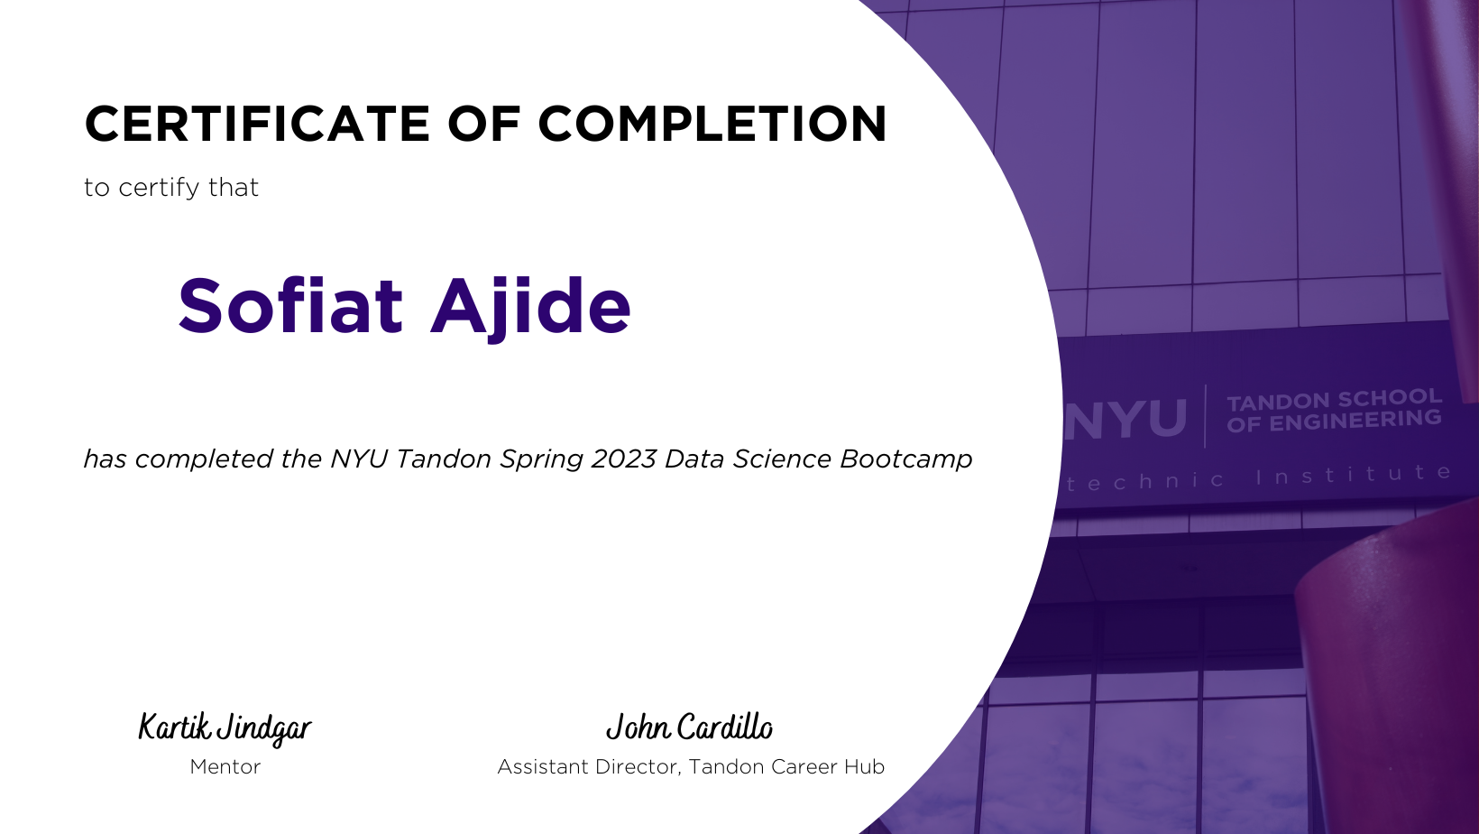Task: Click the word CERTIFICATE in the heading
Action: pyautogui.click(x=258, y=124)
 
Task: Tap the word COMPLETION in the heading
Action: pyautogui.click(x=712, y=124)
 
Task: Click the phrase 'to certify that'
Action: pyautogui.click(x=171, y=188)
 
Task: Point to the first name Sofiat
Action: pyautogui.click(x=290, y=306)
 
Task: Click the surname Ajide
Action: pyautogui.click(x=530, y=308)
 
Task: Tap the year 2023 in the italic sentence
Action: pyautogui.click(x=623, y=459)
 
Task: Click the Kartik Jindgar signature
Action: pyautogui.click(x=225, y=729)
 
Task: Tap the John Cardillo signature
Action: pyautogui.click(x=689, y=727)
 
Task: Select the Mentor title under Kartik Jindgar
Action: pyautogui.click(x=225, y=766)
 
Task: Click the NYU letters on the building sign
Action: pyautogui.click(x=1125, y=419)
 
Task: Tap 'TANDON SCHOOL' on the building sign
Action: pyautogui.click(x=1334, y=399)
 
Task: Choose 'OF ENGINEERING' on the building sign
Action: pyautogui.click(x=1334, y=422)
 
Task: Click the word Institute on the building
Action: pyautogui.click(x=1354, y=475)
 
